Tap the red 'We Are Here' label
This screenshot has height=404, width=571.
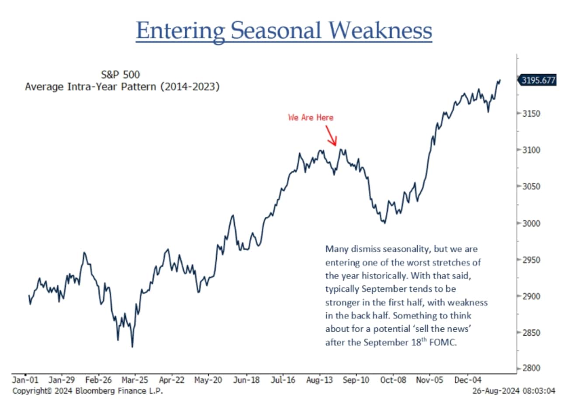[x=311, y=118]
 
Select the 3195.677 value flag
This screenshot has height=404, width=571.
[x=538, y=80]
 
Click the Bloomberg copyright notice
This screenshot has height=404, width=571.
[x=87, y=390]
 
